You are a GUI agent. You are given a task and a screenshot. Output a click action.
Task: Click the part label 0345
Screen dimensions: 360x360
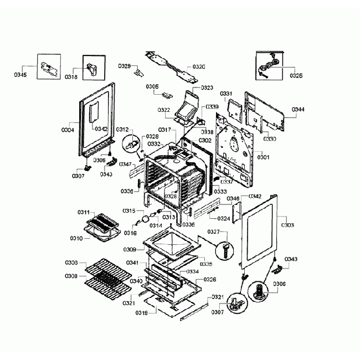tap(19, 74)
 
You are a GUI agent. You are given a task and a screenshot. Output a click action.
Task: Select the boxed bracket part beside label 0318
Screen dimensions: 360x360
tap(92, 69)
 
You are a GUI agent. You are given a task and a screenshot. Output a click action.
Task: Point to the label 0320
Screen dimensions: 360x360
tap(198, 66)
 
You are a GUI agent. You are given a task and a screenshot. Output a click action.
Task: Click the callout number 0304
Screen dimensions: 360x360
tap(68, 130)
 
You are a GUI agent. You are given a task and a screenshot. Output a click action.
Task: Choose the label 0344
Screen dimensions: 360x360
tap(297, 110)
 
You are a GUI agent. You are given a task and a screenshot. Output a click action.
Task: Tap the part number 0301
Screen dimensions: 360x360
tap(263, 157)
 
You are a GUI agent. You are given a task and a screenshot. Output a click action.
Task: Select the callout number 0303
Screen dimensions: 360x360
tap(287, 225)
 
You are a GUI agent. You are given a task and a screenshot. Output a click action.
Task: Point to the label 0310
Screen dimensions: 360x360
tap(75, 238)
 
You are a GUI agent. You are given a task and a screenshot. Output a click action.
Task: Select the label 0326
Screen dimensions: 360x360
tap(209, 280)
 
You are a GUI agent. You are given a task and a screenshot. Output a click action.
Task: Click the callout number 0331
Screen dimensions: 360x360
tap(227, 94)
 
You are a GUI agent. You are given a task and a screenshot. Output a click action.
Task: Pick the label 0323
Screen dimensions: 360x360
tap(207, 88)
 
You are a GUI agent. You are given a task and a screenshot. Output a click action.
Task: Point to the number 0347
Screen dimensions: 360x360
tap(125, 164)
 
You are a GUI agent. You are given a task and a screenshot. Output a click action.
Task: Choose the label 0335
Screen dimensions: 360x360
tap(206, 264)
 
